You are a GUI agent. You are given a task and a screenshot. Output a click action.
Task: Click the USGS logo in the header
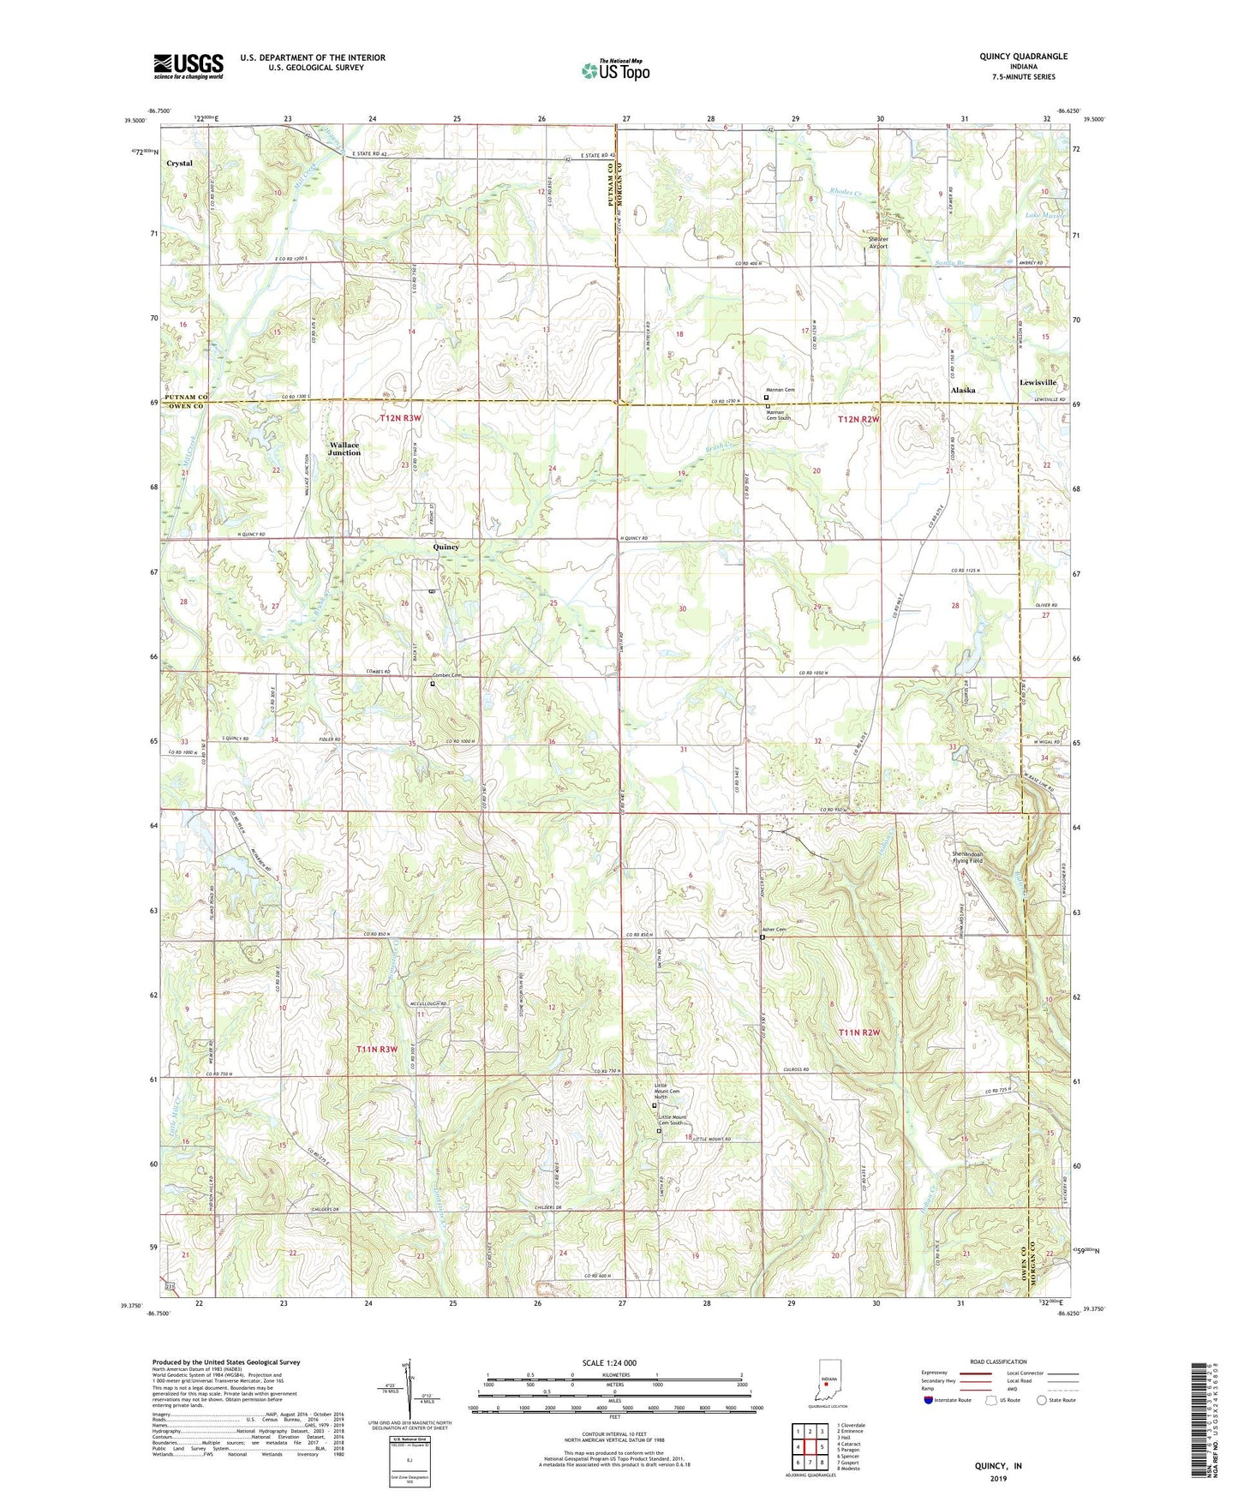coord(188,66)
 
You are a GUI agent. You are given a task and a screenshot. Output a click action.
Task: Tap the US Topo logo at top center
coord(614,70)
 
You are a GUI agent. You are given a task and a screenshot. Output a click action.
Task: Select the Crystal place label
coord(179,163)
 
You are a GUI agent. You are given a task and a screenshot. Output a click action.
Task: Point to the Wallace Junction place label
coord(345,448)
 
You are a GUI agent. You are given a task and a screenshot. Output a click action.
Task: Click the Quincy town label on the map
coord(446,547)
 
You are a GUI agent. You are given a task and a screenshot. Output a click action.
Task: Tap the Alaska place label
coord(963,390)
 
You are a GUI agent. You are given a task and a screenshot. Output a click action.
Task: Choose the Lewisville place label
coord(1038,382)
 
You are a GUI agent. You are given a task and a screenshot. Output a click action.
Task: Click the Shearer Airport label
coord(878,242)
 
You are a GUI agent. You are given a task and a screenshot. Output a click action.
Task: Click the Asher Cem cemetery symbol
coord(763,938)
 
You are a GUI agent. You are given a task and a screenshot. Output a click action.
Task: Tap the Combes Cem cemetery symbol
coord(433,684)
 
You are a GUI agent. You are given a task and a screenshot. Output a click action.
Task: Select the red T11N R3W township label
coord(378,1050)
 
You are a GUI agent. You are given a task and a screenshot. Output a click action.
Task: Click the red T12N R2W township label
coord(859,419)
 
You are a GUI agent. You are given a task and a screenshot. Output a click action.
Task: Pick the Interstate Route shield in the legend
coord(929,1400)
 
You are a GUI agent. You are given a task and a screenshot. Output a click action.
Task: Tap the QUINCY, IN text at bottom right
coord(998,1465)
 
